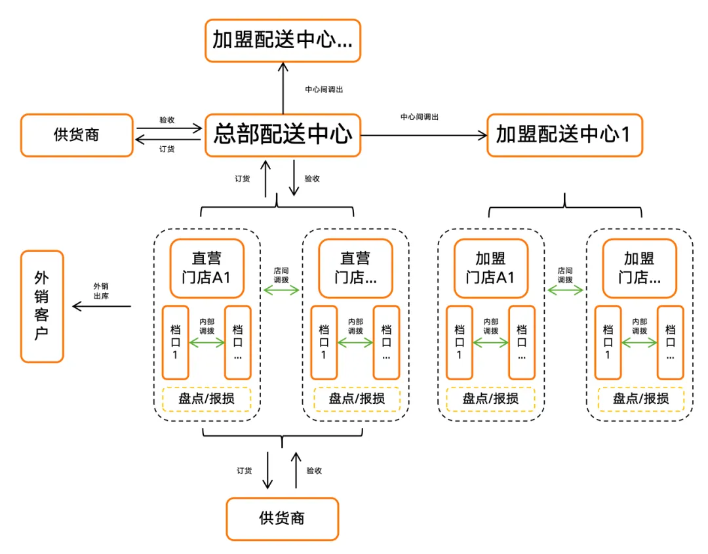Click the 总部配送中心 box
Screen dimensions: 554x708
283,135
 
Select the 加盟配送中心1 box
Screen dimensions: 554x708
564,135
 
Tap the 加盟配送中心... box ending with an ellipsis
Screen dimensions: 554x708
283,41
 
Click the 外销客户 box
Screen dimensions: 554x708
42,306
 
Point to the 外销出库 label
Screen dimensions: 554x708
101,290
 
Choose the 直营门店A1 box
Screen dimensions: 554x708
207,268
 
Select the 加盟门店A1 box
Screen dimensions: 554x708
490,268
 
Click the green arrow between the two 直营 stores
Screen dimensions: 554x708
281,290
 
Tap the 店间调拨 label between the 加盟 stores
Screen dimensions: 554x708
565,275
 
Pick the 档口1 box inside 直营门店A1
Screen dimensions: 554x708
176,342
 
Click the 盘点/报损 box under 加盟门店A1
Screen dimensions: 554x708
490,399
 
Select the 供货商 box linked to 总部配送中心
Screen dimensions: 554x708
77,135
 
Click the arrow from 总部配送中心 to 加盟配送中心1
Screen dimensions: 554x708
423,136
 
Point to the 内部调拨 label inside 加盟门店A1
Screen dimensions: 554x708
490,326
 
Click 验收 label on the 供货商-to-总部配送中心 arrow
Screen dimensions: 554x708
167,121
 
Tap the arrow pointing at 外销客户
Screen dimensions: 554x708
102,306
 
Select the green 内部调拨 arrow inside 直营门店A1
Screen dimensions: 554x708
207,342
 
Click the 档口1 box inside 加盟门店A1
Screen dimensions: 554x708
459,342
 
